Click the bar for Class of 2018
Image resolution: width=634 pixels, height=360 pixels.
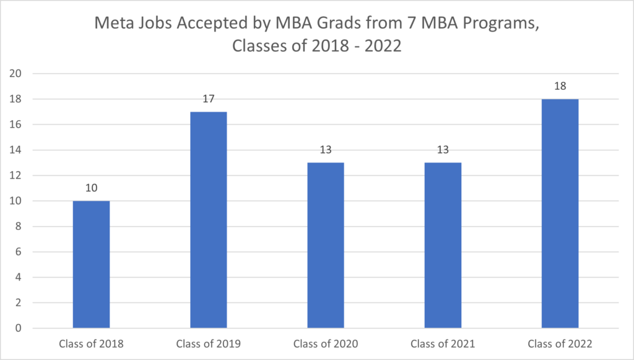click(x=92, y=265)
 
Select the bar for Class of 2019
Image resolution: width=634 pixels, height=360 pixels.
click(x=209, y=220)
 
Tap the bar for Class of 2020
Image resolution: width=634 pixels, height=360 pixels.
click(x=326, y=245)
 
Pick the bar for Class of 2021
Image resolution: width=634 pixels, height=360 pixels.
click(x=443, y=245)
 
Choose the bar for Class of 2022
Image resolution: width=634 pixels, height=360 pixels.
click(x=560, y=214)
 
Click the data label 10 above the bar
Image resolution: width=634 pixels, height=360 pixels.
click(x=92, y=188)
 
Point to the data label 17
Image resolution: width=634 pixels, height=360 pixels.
click(x=209, y=99)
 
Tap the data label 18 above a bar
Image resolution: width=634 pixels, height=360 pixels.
click(x=560, y=86)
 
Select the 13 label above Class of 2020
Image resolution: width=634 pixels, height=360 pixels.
click(x=326, y=149)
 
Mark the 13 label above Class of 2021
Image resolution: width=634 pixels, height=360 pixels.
click(x=443, y=149)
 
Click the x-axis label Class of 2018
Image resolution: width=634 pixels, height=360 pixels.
click(x=92, y=344)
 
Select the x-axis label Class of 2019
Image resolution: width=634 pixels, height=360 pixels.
click(x=209, y=344)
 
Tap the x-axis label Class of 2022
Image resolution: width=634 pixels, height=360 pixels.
click(x=560, y=344)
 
